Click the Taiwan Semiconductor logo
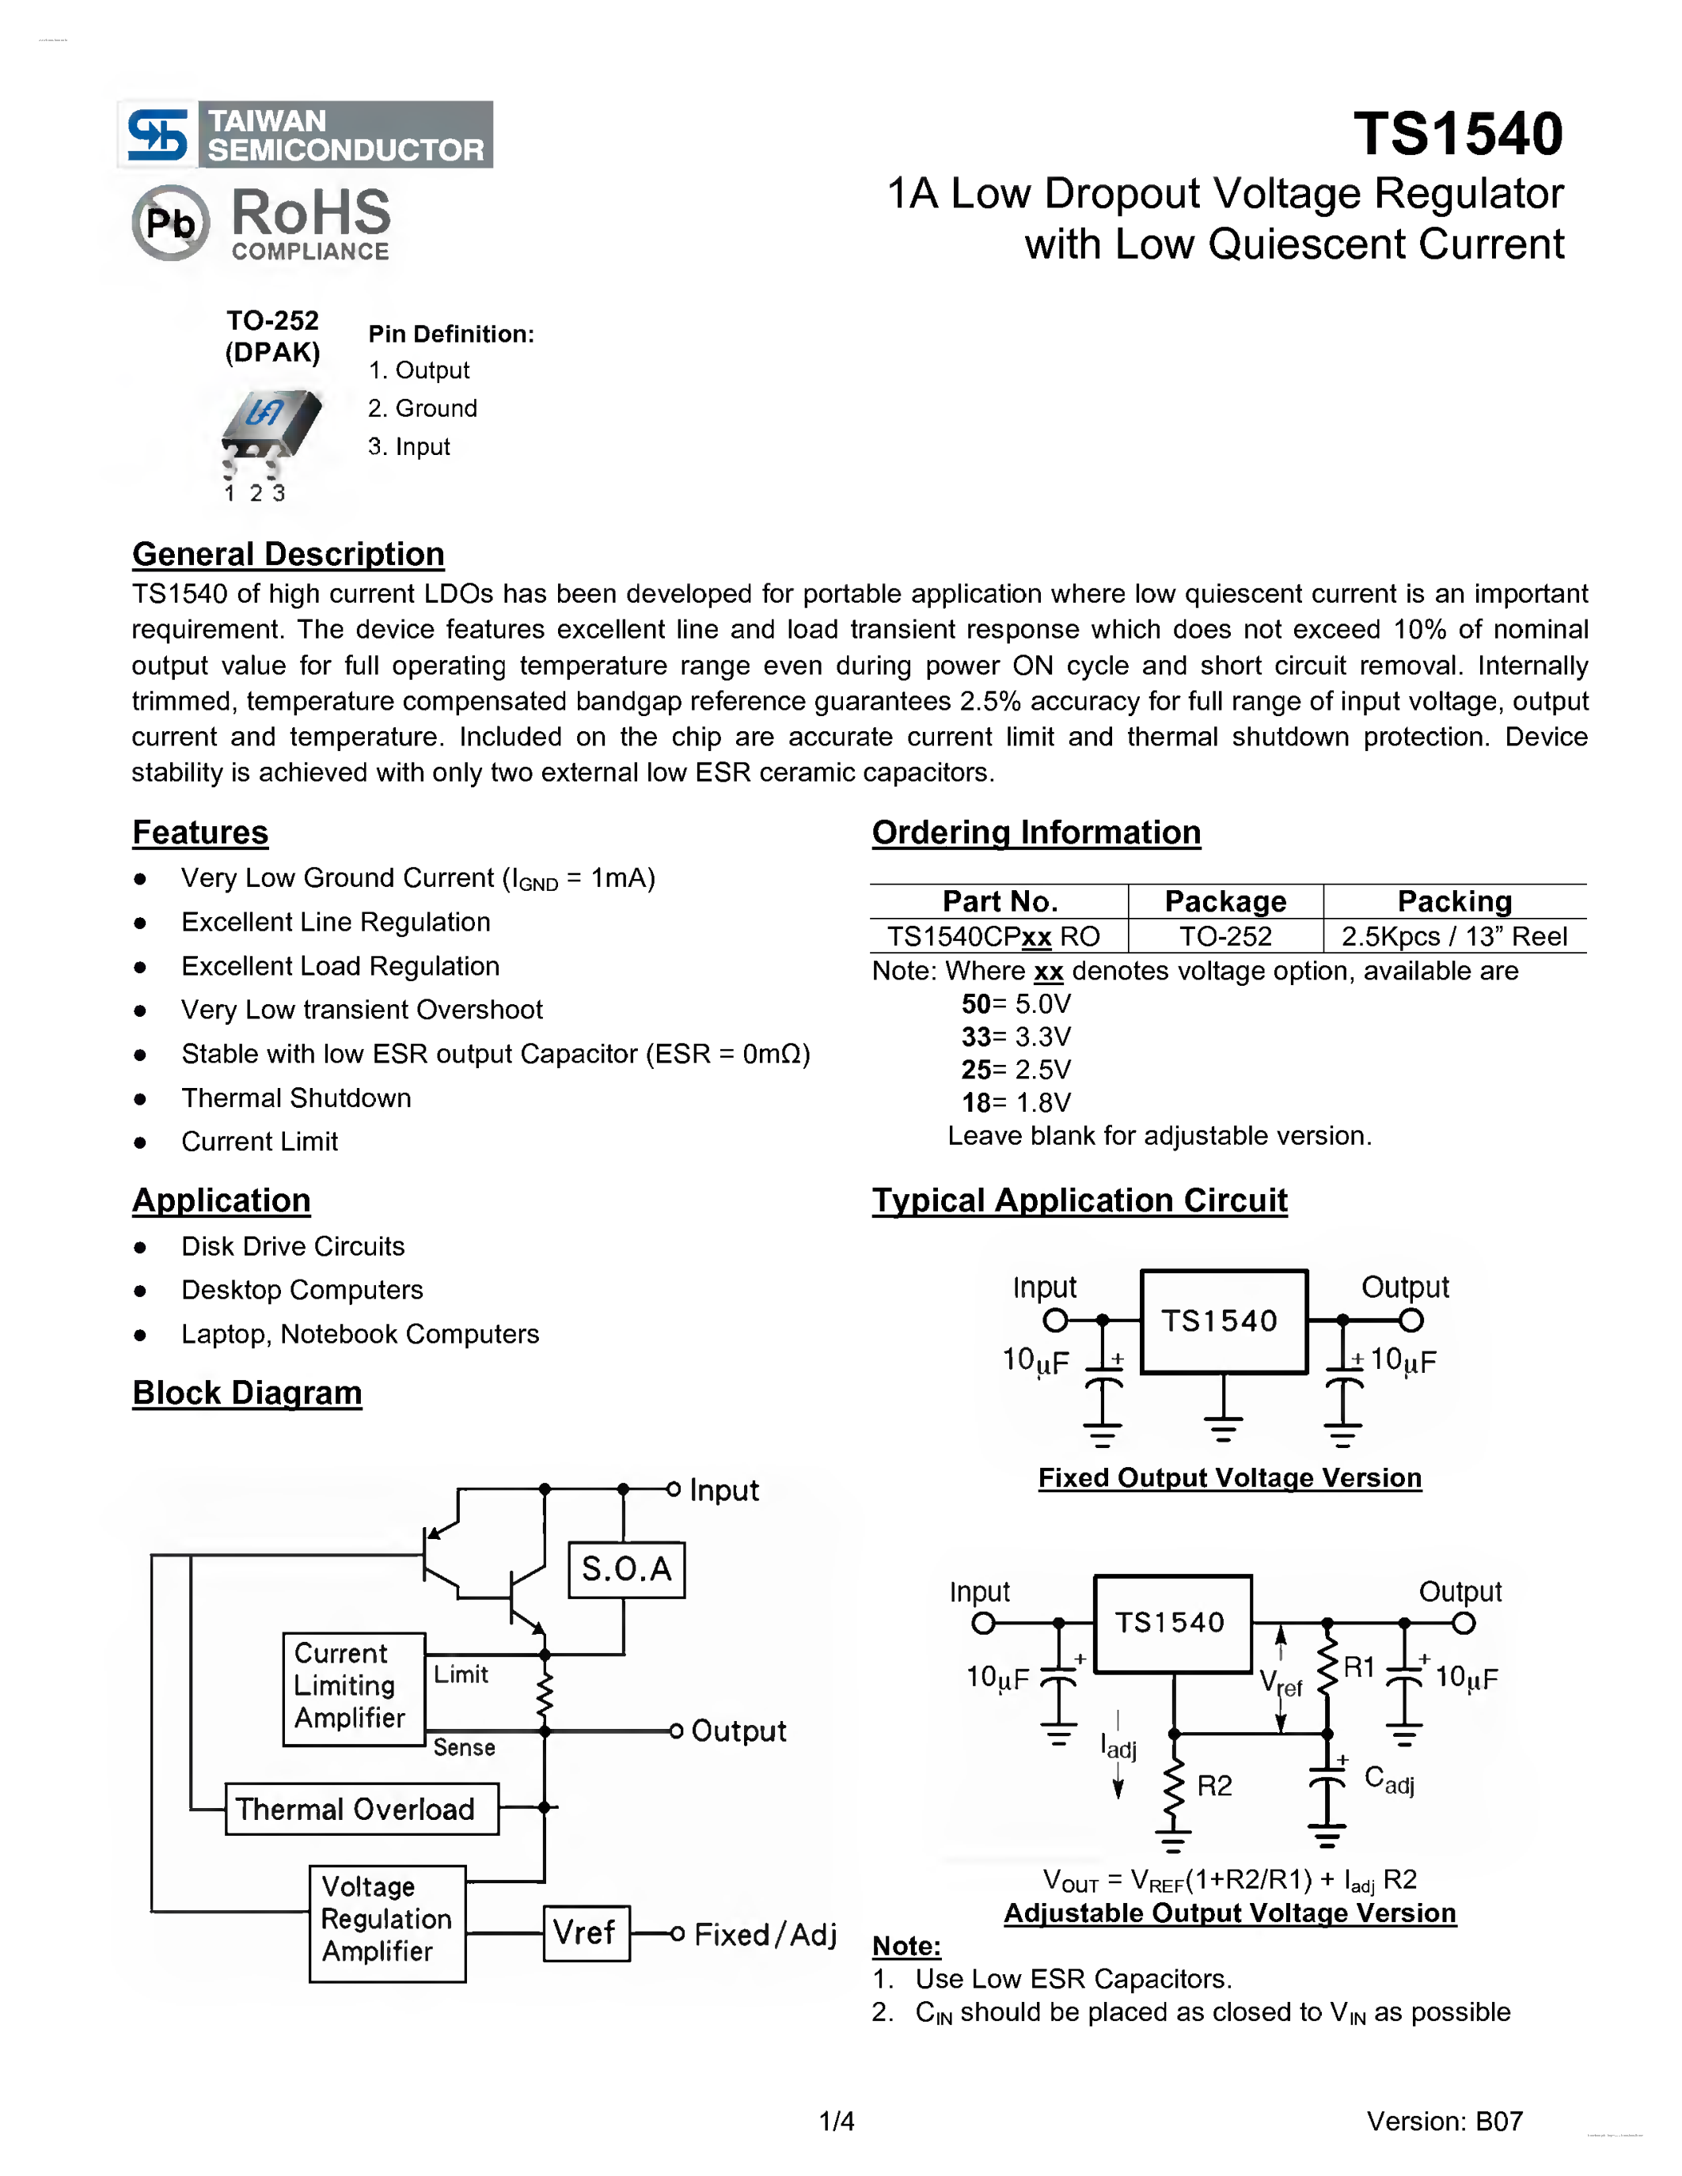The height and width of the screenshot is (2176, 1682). click(x=305, y=135)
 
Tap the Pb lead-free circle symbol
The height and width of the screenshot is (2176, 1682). click(x=170, y=222)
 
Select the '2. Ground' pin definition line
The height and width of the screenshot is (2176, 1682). click(x=423, y=408)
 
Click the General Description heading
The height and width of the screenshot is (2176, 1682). click(x=288, y=554)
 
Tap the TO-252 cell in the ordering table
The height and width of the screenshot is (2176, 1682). click(x=1225, y=937)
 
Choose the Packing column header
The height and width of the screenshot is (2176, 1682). click(x=1454, y=902)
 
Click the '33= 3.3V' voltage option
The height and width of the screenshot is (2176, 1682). click(x=1016, y=1037)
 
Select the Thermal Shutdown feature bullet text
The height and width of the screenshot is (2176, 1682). click(x=296, y=1098)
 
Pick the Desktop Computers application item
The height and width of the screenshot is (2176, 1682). click(x=302, y=1291)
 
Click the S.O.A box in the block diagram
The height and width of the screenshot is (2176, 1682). click(x=626, y=1569)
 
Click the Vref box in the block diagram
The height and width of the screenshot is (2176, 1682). click(x=586, y=1933)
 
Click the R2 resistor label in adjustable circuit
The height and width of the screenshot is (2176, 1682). click(x=1213, y=1785)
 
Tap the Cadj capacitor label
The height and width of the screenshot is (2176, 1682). click(x=1389, y=1780)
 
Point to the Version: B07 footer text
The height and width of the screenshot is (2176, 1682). click(x=1444, y=2121)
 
